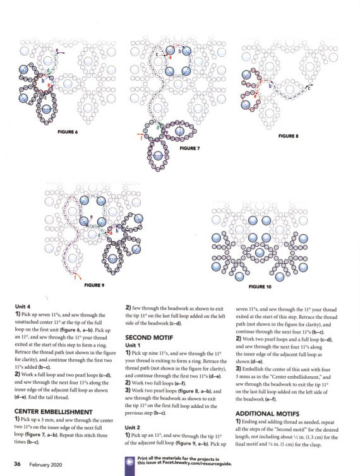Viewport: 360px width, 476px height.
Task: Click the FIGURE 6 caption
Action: coord(68,132)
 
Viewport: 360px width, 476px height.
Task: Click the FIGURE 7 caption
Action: coord(189,148)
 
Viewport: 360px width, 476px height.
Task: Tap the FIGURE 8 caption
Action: coord(288,136)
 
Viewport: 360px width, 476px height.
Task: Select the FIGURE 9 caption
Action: coord(94,285)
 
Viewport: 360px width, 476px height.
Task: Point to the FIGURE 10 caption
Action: coord(260,287)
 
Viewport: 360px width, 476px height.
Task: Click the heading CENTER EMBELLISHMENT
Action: coord(54,412)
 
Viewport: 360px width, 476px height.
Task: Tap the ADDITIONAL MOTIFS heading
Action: coord(267,414)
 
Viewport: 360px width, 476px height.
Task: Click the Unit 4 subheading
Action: coord(23,307)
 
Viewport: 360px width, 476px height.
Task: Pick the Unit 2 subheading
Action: coord(133,427)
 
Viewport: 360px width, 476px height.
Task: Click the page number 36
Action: coord(17,464)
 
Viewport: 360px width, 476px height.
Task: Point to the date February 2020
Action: coord(45,465)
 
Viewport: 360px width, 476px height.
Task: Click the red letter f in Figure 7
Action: coord(141,138)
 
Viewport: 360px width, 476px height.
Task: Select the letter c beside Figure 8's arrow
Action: coord(309,88)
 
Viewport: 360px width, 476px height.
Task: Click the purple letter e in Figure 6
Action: coord(57,50)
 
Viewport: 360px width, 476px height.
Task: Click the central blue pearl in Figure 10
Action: coord(260,253)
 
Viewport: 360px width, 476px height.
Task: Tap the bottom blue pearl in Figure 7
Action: coord(157,155)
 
